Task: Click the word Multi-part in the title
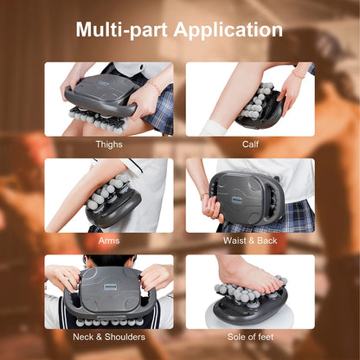point(121,30)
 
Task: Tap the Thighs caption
point(108,145)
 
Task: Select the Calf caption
point(250,145)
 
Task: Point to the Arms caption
point(108,241)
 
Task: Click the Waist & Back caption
point(250,241)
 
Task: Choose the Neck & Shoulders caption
point(108,337)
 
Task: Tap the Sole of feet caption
point(250,337)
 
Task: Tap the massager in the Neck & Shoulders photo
point(108,290)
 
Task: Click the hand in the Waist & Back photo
point(209,208)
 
